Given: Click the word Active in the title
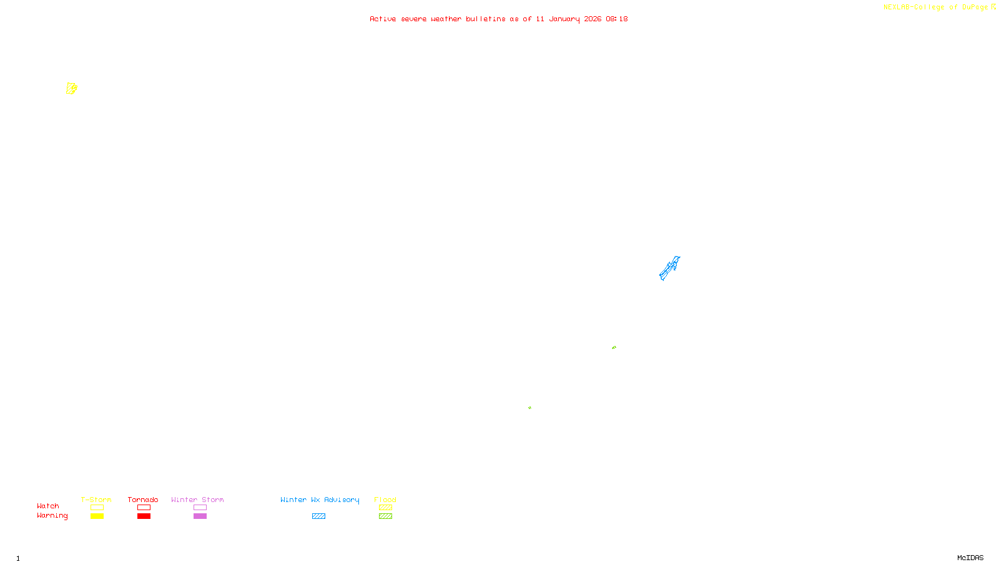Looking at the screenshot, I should [383, 19].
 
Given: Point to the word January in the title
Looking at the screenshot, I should [564, 19].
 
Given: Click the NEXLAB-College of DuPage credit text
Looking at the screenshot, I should [935, 7].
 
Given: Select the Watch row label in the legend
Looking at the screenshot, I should [48, 506].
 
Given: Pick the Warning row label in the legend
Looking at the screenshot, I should [52, 516].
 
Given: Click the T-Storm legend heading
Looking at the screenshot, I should [96, 500].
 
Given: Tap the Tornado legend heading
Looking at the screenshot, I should [143, 500].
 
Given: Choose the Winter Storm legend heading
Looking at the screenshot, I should [197, 500].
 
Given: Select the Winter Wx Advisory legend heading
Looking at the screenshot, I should [320, 500].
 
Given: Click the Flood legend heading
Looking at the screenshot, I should [385, 500].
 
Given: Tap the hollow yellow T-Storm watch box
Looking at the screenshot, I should [97, 508].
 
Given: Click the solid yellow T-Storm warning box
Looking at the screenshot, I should [97, 516].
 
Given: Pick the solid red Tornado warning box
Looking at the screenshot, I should [144, 516].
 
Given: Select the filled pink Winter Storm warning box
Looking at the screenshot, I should [200, 516].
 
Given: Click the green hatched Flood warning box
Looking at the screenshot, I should [385, 516].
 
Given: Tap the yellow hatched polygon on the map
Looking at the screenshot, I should [71, 89].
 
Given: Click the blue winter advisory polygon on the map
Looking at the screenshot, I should [669, 269].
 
